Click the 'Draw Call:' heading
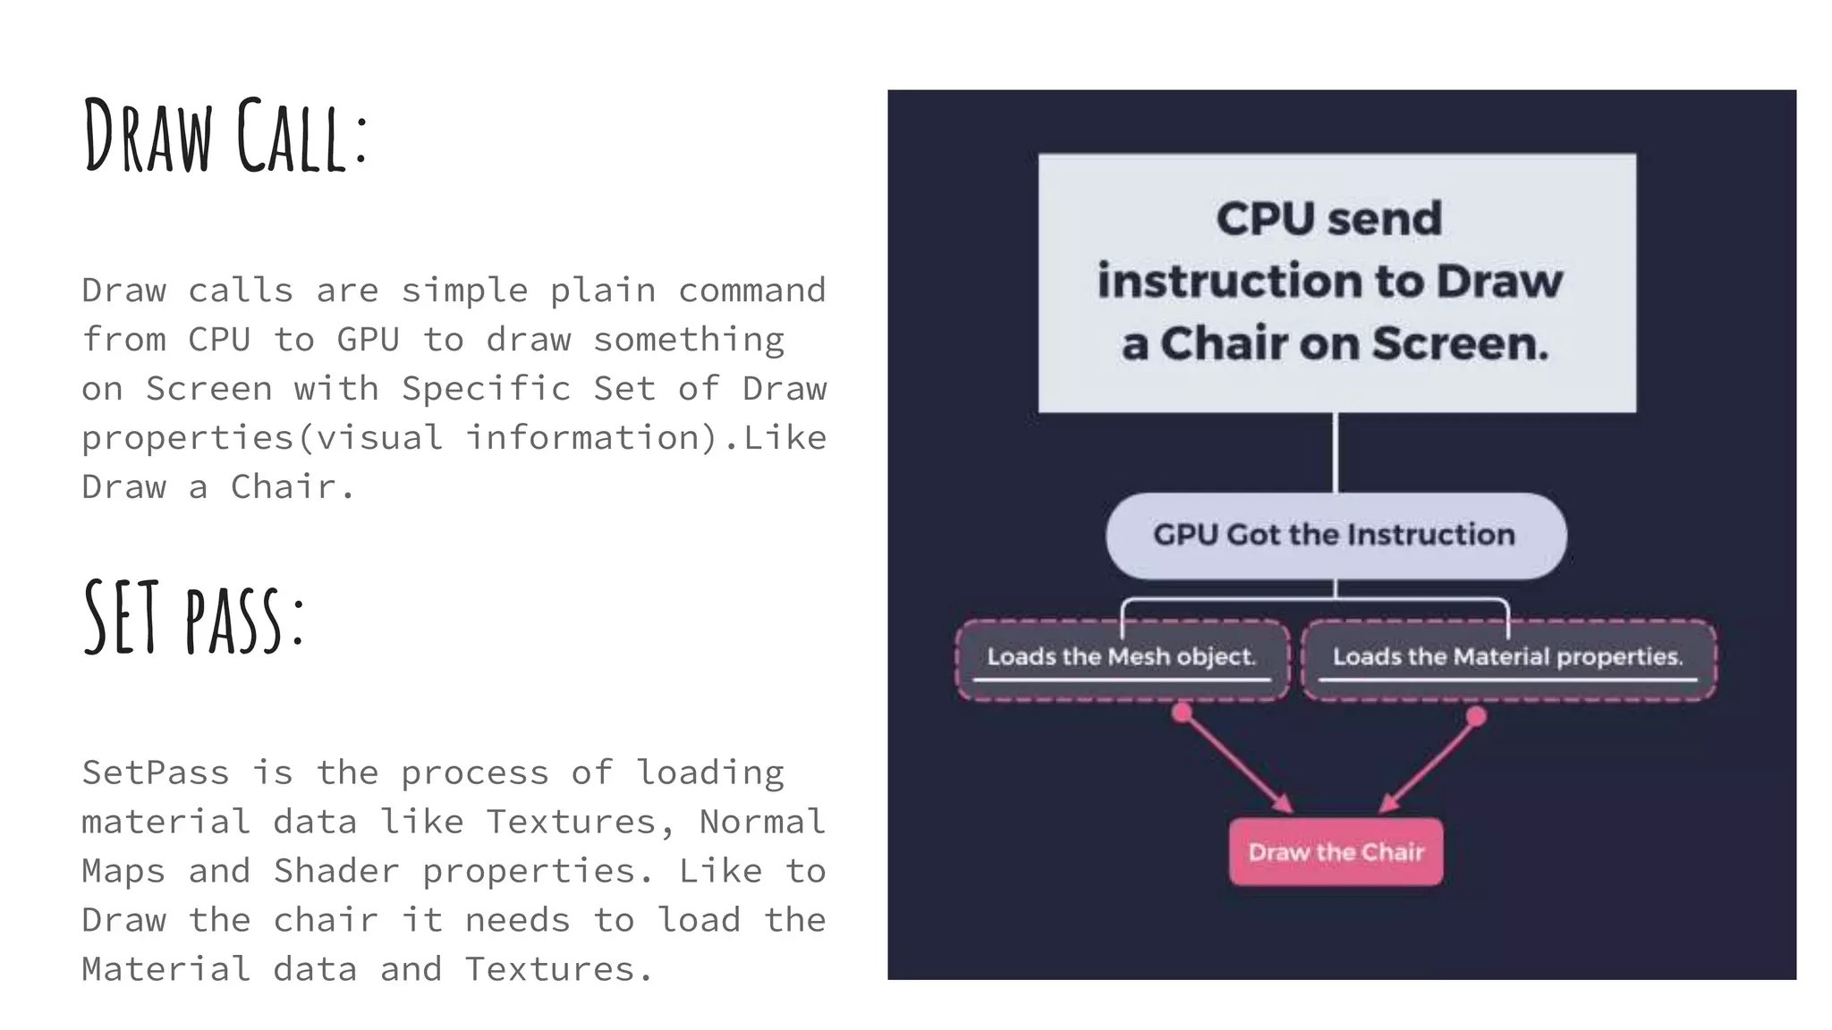[225, 136]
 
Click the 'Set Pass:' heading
[194, 617]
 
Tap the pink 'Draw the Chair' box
[1336, 852]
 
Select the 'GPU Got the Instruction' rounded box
[1336, 535]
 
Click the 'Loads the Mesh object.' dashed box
[1122, 659]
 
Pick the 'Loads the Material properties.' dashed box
[1508, 659]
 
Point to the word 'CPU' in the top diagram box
[1254, 219]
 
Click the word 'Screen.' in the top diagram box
[1459, 344]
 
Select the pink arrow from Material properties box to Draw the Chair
[1429, 764]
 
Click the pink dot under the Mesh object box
[1183, 713]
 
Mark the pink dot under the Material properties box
[1477, 716]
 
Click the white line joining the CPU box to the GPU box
[1335, 452]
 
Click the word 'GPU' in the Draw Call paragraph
[368, 340]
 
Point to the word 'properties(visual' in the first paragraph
[262, 438]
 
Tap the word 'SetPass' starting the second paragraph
[156, 772]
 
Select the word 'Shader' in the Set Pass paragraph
[336, 871]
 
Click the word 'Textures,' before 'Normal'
[580, 822]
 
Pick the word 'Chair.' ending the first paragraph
[293, 487]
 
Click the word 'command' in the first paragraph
[751, 291]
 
